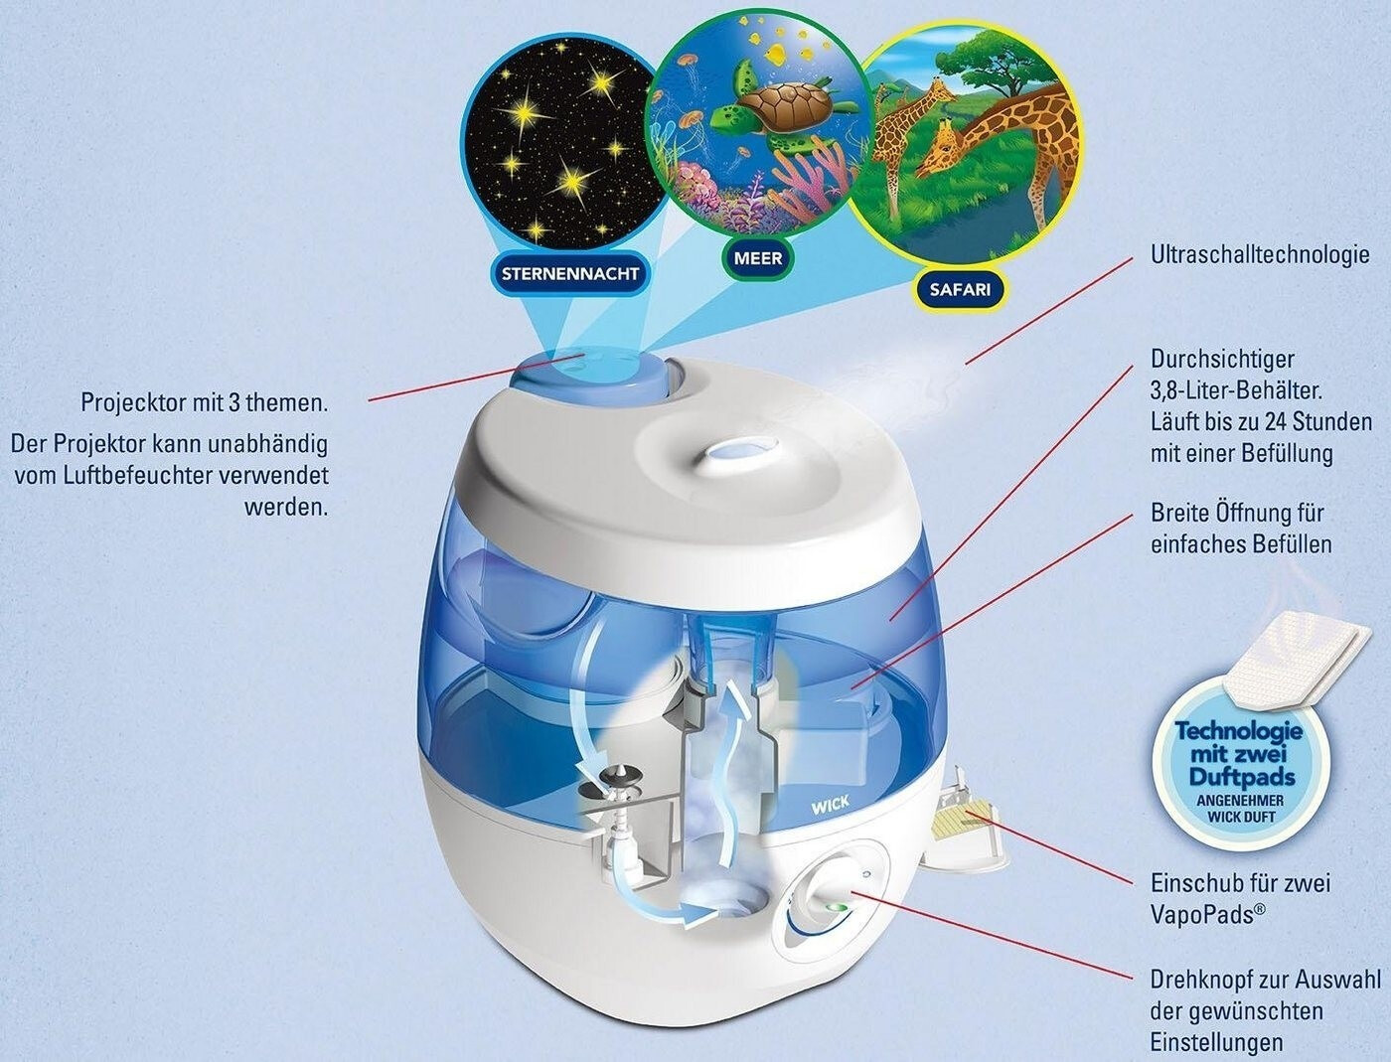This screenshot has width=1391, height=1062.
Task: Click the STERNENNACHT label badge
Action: (x=569, y=273)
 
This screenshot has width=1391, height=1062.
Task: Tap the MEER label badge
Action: (x=758, y=258)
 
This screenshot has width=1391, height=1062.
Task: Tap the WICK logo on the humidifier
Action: (x=831, y=803)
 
